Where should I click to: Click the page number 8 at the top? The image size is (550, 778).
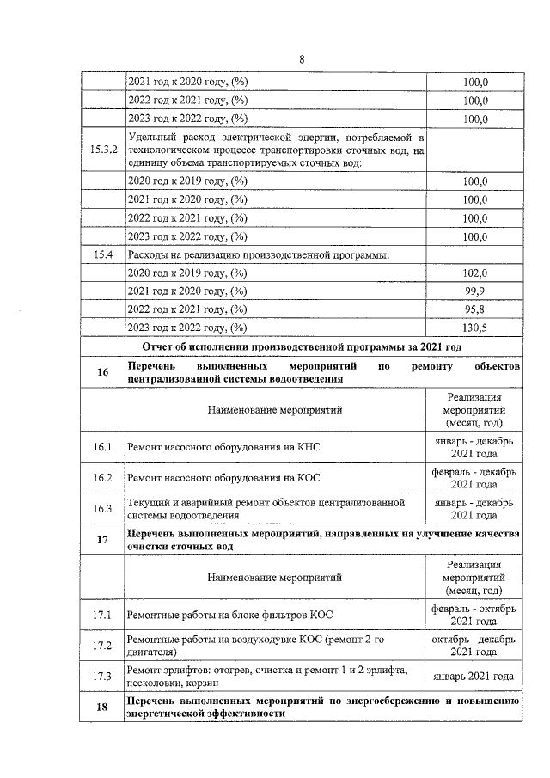(x=302, y=58)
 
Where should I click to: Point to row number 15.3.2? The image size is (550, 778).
(x=102, y=150)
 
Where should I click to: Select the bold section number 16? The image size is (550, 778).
(x=102, y=372)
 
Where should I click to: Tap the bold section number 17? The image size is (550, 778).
(x=102, y=540)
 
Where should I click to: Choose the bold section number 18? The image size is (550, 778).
(x=102, y=708)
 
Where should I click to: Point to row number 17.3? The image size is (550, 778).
(x=102, y=676)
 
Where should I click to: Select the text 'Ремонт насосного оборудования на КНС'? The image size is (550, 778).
(x=222, y=448)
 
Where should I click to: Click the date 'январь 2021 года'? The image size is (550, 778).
(x=474, y=676)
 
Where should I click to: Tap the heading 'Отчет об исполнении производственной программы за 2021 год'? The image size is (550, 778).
(x=302, y=346)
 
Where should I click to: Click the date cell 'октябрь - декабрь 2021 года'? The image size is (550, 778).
(x=474, y=645)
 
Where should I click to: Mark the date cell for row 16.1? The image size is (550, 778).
(x=474, y=447)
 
